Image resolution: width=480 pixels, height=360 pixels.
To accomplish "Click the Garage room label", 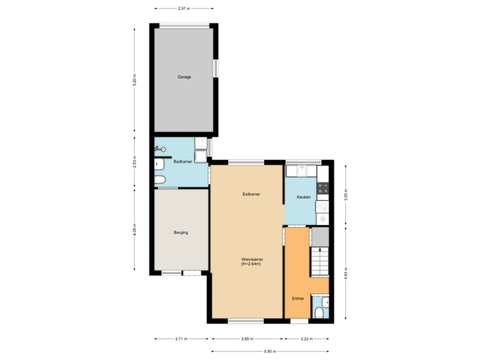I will click(184, 77).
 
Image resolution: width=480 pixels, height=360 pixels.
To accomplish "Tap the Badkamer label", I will click(183, 162).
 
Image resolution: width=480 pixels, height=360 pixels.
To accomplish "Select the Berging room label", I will click(181, 233).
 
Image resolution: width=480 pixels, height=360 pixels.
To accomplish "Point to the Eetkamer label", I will click(251, 194).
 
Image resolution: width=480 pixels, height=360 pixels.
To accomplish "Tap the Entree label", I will click(298, 298).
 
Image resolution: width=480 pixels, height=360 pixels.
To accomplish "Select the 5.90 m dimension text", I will click(269, 351).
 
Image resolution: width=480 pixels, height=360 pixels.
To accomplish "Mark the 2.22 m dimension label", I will click(306, 339).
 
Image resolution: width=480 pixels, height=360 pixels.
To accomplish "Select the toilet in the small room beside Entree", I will click(319, 313).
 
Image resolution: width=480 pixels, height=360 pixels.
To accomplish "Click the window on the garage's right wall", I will click(215, 68).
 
